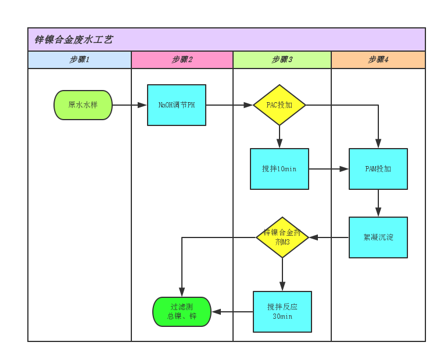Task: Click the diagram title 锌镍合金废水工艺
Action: pos(74,40)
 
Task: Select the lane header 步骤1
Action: pos(80,60)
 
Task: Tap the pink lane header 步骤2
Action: pos(182,60)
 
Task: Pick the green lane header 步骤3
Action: pos(282,60)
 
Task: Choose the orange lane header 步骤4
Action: pos(378,60)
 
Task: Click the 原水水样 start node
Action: pos(83,105)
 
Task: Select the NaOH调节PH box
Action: pos(177,105)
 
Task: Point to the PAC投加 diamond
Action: pos(280,105)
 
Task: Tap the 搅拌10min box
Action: pos(280,169)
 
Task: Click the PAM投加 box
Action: pos(378,169)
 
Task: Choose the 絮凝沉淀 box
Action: pos(378,237)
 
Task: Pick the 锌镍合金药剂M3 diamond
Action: pos(282,237)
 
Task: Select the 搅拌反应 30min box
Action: pos(282,312)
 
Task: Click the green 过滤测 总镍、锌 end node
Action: pos(182,312)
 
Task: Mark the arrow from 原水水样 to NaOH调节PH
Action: pos(130,105)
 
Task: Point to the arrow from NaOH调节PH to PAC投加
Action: pos(230,105)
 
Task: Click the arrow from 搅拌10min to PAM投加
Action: pos(329,169)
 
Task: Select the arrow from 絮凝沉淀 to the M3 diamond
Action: pos(329,237)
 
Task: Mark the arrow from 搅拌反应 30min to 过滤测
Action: pos(232,312)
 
